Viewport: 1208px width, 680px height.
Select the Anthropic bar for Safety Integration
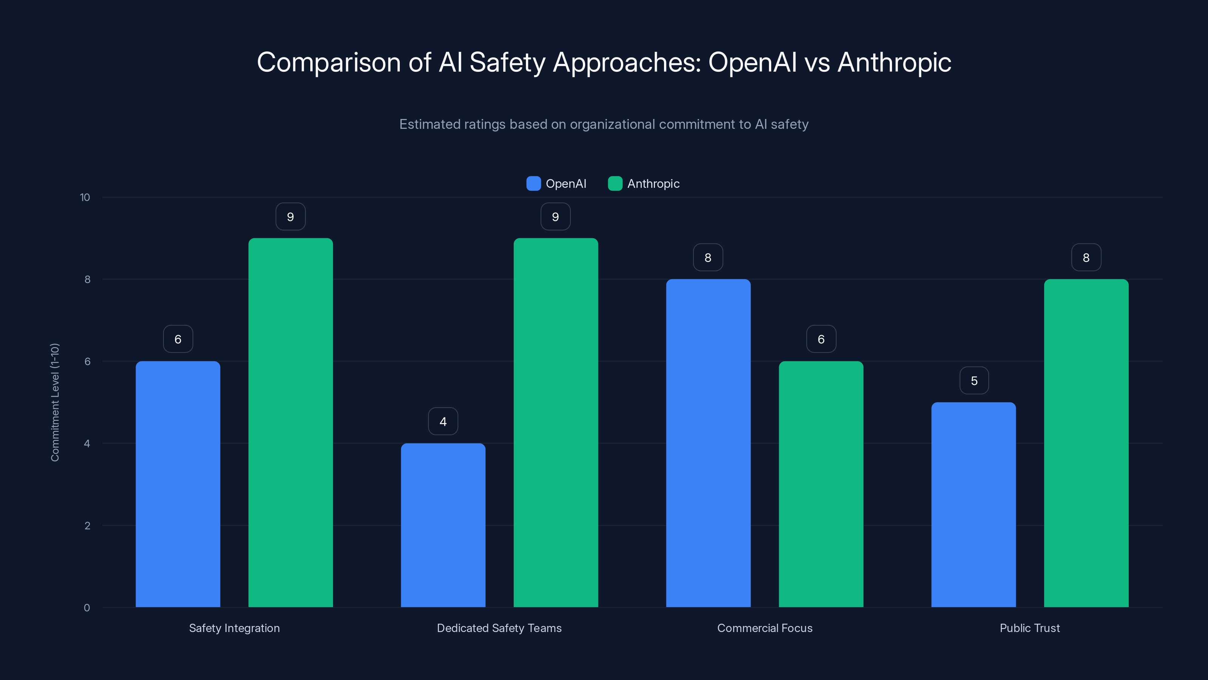pyautogui.click(x=290, y=422)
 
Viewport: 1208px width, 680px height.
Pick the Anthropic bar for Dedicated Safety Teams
pyautogui.click(x=555, y=422)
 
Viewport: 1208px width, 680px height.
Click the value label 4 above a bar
pyautogui.click(x=443, y=422)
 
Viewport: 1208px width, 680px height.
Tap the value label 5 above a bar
pyautogui.click(x=974, y=380)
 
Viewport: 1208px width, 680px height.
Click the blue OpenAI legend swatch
pyautogui.click(x=533, y=184)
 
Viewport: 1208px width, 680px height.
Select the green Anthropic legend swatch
pyautogui.click(x=615, y=184)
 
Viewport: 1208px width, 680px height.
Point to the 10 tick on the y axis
pyautogui.click(x=85, y=197)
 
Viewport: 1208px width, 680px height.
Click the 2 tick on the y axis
pyautogui.click(x=87, y=525)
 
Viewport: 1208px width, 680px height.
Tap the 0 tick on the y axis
pyautogui.click(x=87, y=608)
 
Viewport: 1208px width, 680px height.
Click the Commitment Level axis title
pyautogui.click(x=55, y=402)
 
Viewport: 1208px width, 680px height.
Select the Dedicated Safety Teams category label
pyautogui.click(x=499, y=628)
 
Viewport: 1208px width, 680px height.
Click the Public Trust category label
pyautogui.click(x=1029, y=628)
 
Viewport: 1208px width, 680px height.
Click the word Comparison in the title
pyautogui.click(x=328, y=62)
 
